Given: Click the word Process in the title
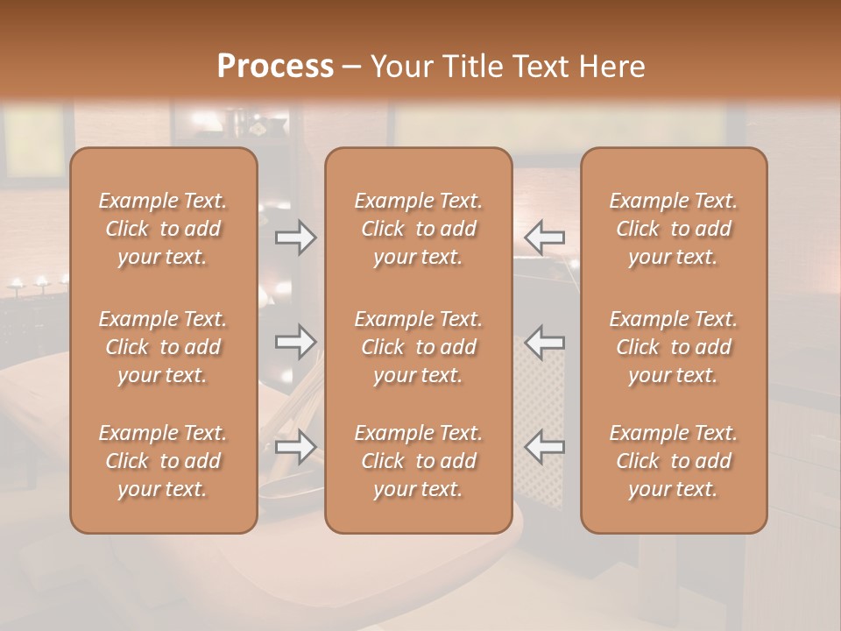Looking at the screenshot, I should click(275, 67).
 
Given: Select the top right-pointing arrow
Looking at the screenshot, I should click(296, 238).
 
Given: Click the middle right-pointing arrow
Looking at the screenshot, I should click(296, 342).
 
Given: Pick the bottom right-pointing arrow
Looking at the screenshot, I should click(296, 447).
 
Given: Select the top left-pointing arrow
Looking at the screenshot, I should click(544, 238).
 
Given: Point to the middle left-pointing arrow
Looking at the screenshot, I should click(544, 342).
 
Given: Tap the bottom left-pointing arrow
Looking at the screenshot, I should click(544, 447).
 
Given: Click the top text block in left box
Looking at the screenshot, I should click(163, 229).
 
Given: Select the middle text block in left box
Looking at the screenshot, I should click(163, 347).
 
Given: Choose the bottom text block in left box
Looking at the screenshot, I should click(163, 461).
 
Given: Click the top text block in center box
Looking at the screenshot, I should click(418, 229).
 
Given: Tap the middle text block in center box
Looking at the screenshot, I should click(418, 347).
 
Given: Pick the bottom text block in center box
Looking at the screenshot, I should click(418, 461).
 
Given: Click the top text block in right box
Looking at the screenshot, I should click(674, 229).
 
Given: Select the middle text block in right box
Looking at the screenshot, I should click(674, 347).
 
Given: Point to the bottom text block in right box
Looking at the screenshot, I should click(674, 461).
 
